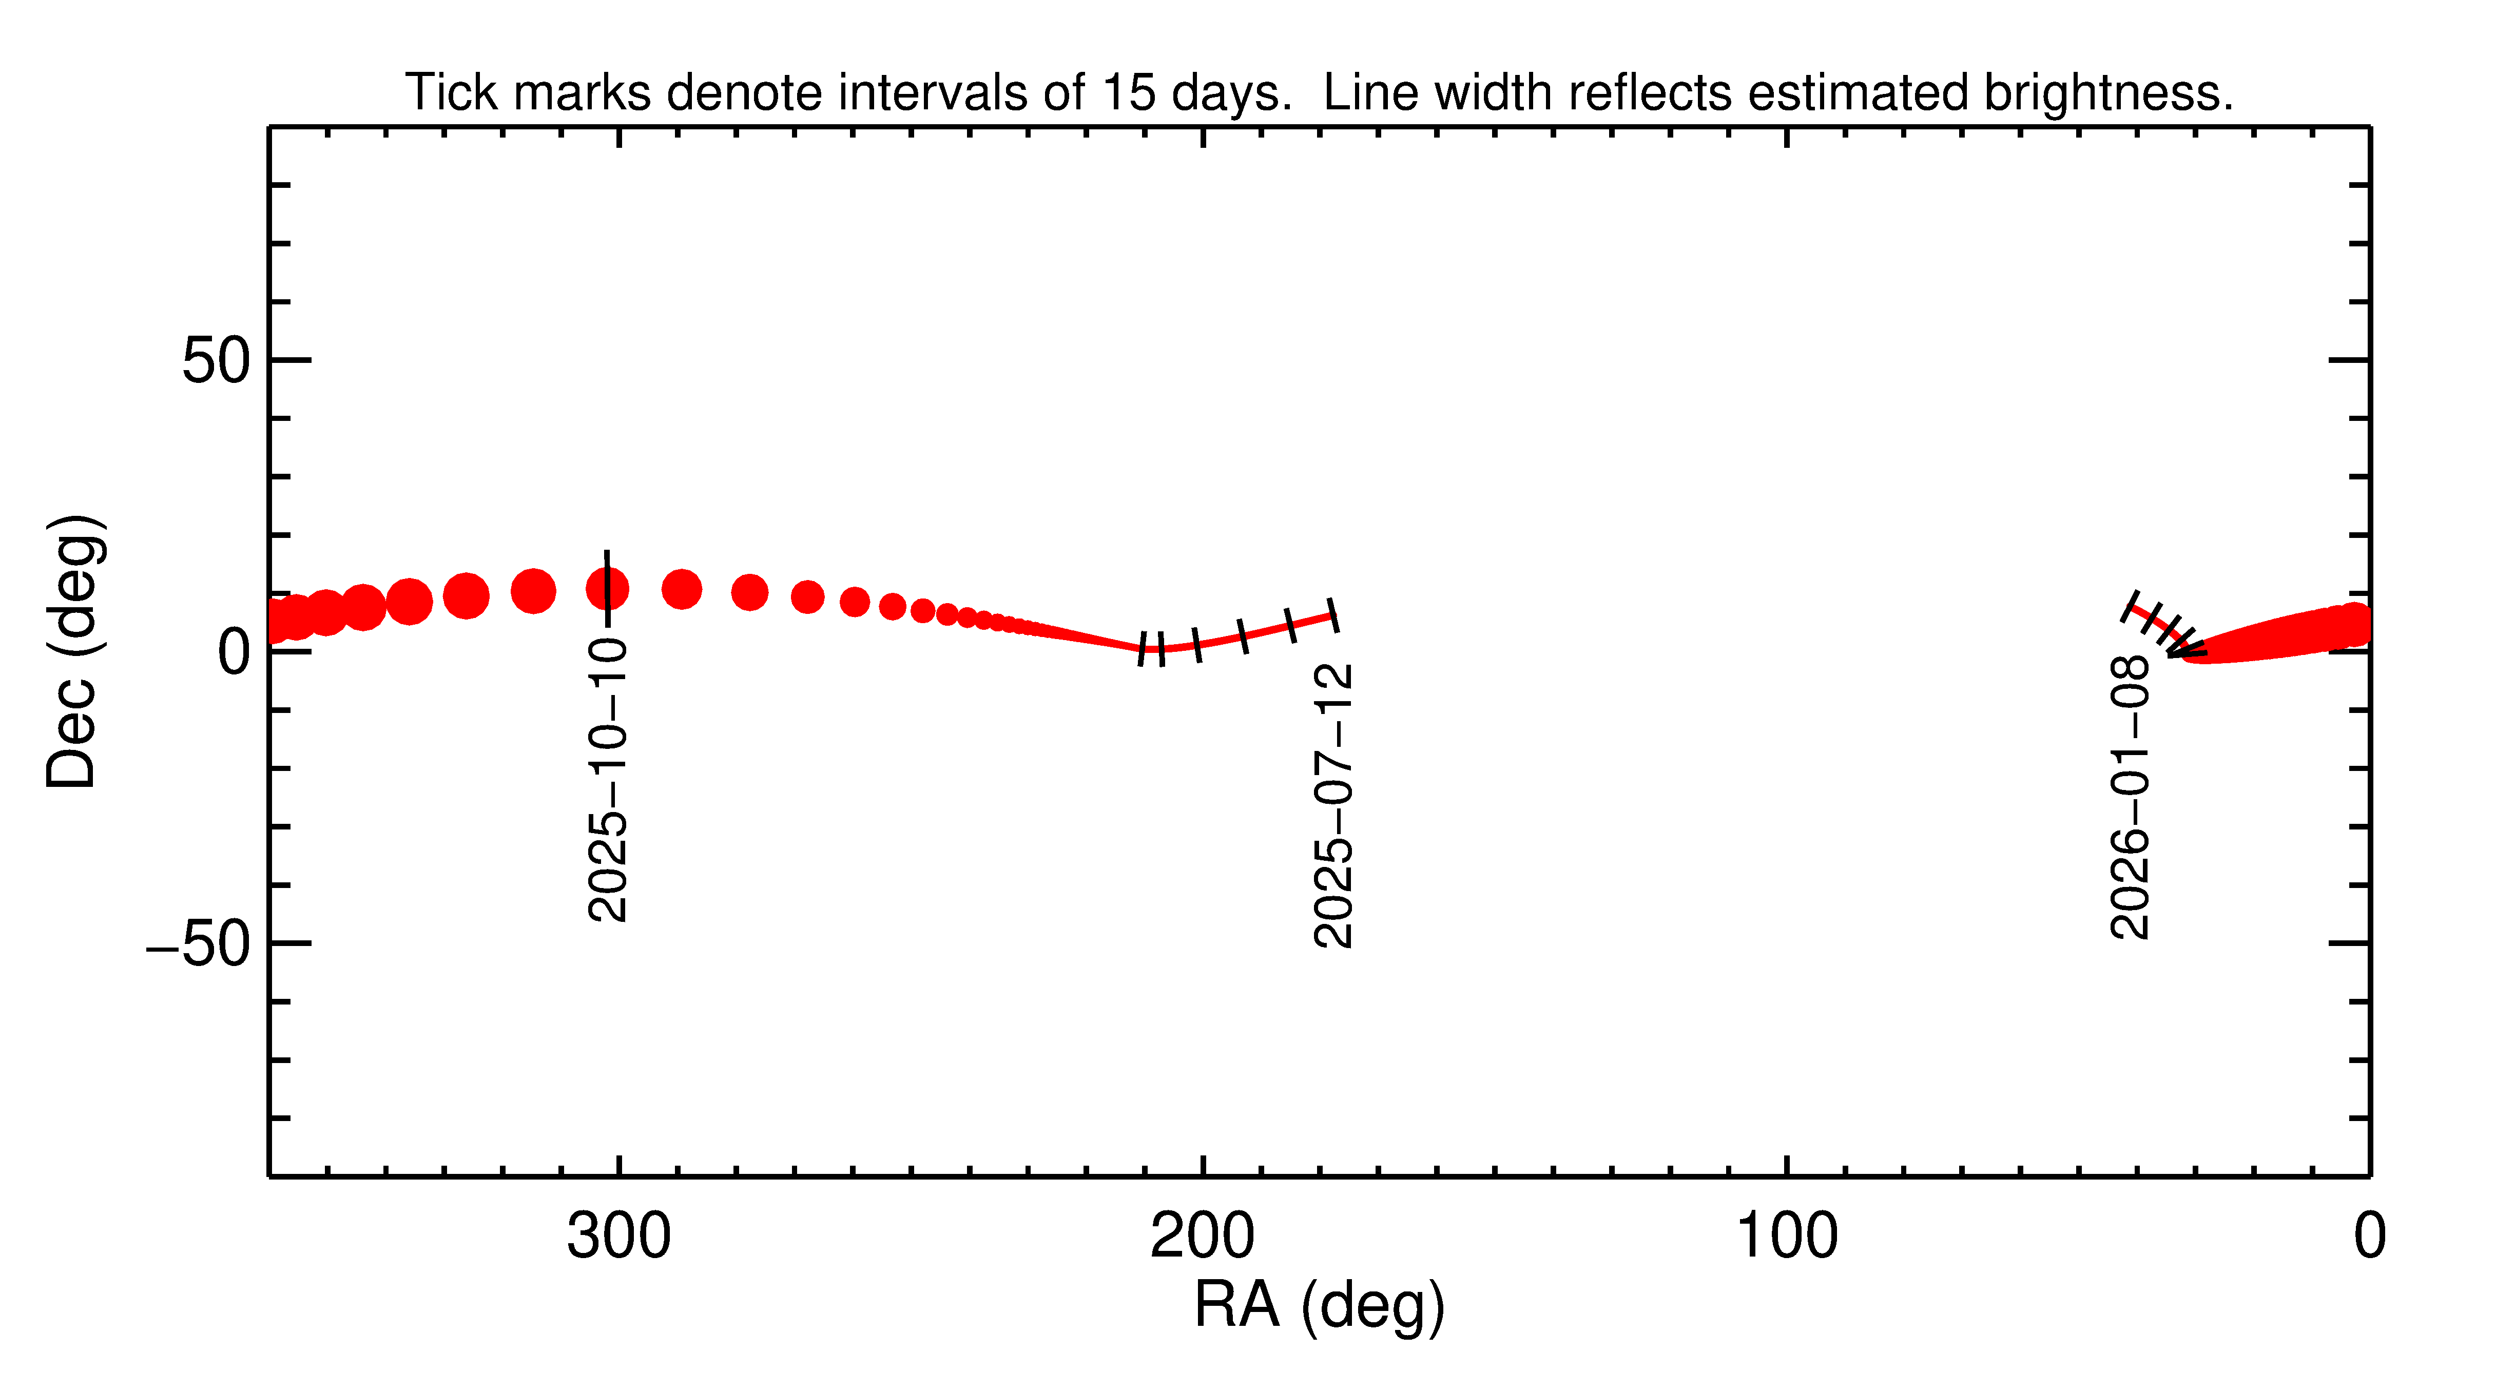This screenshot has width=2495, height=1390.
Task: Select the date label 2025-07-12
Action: [x=1333, y=806]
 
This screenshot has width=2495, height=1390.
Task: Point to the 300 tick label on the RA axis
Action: [x=619, y=1237]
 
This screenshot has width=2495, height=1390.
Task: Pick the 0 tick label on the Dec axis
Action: [x=234, y=652]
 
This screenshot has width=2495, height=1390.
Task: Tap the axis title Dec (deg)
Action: [x=73, y=652]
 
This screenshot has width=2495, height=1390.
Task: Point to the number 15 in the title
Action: [x=1128, y=93]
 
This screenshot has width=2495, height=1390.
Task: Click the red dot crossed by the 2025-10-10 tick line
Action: [x=607, y=588]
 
